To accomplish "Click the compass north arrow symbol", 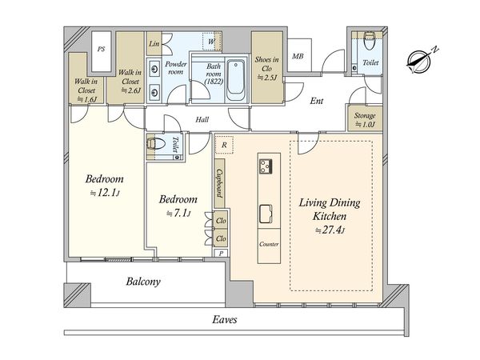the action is (x=421, y=61).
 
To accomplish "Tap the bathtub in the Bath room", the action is (x=236, y=81).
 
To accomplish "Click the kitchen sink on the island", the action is (x=266, y=214).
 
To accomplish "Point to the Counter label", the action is (x=269, y=244).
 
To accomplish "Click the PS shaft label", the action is (x=101, y=49).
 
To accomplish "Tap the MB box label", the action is (x=298, y=56).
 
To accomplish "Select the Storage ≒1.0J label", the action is (x=365, y=120).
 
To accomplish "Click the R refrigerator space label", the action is (x=224, y=145).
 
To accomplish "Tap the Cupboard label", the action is (x=219, y=183).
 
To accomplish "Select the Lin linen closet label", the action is (x=154, y=44).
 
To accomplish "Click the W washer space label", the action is (x=211, y=42).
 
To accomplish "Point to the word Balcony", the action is (x=143, y=282).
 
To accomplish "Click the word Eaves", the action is (x=225, y=320).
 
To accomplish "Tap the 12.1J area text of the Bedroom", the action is (x=104, y=193).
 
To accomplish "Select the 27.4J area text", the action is (x=330, y=230).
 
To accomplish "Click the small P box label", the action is (x=221, y=253).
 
